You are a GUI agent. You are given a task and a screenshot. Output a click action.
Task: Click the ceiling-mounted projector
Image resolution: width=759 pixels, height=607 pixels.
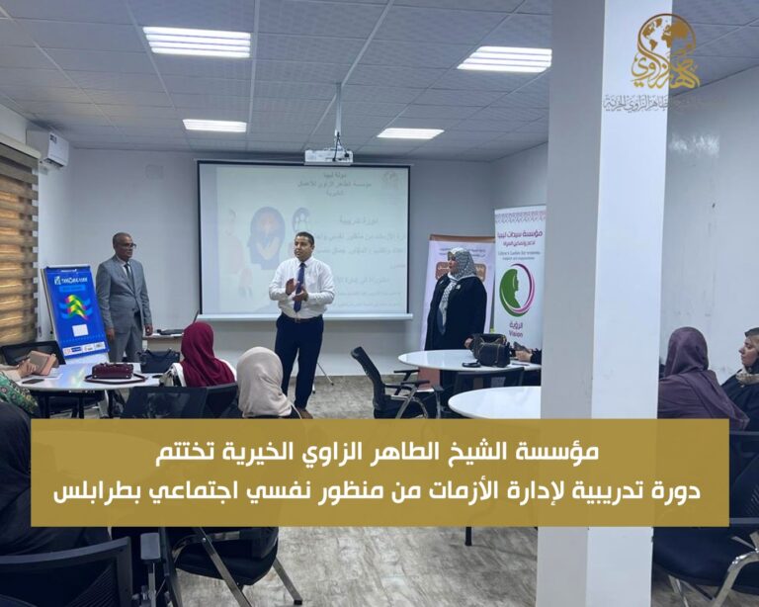click(328, 155)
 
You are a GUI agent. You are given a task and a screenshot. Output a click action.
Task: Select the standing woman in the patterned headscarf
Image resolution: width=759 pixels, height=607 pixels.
click(458, 302)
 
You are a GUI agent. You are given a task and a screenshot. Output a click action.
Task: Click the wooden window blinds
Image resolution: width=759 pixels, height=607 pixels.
click(18, 252)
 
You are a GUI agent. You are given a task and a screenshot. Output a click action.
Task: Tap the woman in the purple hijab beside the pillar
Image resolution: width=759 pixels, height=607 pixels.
click(696, 377)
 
